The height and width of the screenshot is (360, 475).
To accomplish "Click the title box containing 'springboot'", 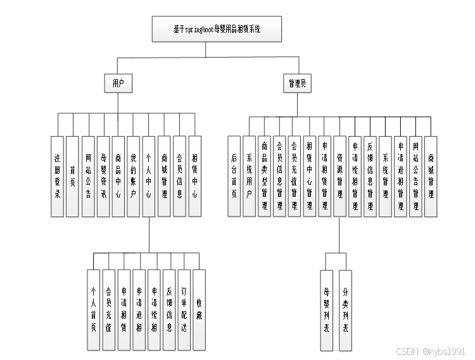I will tap(217, 30).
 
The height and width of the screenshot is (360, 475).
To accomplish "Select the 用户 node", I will tap(118, 83).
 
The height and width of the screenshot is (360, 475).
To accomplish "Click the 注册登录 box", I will tap(57, 177).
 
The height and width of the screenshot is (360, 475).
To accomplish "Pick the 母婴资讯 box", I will tap(103, 177).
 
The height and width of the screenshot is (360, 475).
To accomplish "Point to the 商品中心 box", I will tap(118, 177).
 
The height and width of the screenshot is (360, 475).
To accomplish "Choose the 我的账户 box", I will tap(133, 177).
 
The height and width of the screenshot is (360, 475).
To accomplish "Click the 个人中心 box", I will tap(149, 177).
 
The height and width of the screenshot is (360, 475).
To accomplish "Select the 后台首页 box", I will tap(234, 177).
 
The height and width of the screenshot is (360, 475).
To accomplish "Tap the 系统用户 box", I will tap(249, 177).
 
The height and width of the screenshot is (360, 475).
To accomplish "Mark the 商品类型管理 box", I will tap(264, 177).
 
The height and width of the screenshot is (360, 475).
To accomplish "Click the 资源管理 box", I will tap(340, 177).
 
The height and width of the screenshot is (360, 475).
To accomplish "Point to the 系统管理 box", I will tap(385, 177).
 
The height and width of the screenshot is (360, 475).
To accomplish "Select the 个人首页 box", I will tap(94, 310).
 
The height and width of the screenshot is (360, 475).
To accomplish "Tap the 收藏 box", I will tap(199, 310).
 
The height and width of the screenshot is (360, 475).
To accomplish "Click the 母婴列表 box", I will tap(327, 310).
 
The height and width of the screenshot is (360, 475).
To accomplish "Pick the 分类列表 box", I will tap(345, 310).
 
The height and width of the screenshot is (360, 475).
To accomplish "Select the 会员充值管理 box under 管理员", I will tap(294, 177).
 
